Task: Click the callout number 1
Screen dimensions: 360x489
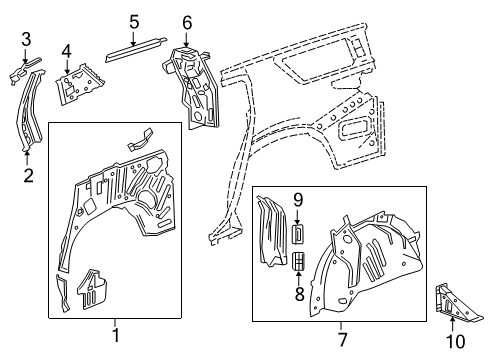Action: (x=115, y=336)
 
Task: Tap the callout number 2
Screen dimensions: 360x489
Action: (x=28, y=177)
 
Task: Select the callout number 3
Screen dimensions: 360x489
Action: (x=27, y=39)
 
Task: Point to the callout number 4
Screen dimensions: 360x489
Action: (x=66, y=50)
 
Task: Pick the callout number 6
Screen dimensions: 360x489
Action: (x=187, y=22)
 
